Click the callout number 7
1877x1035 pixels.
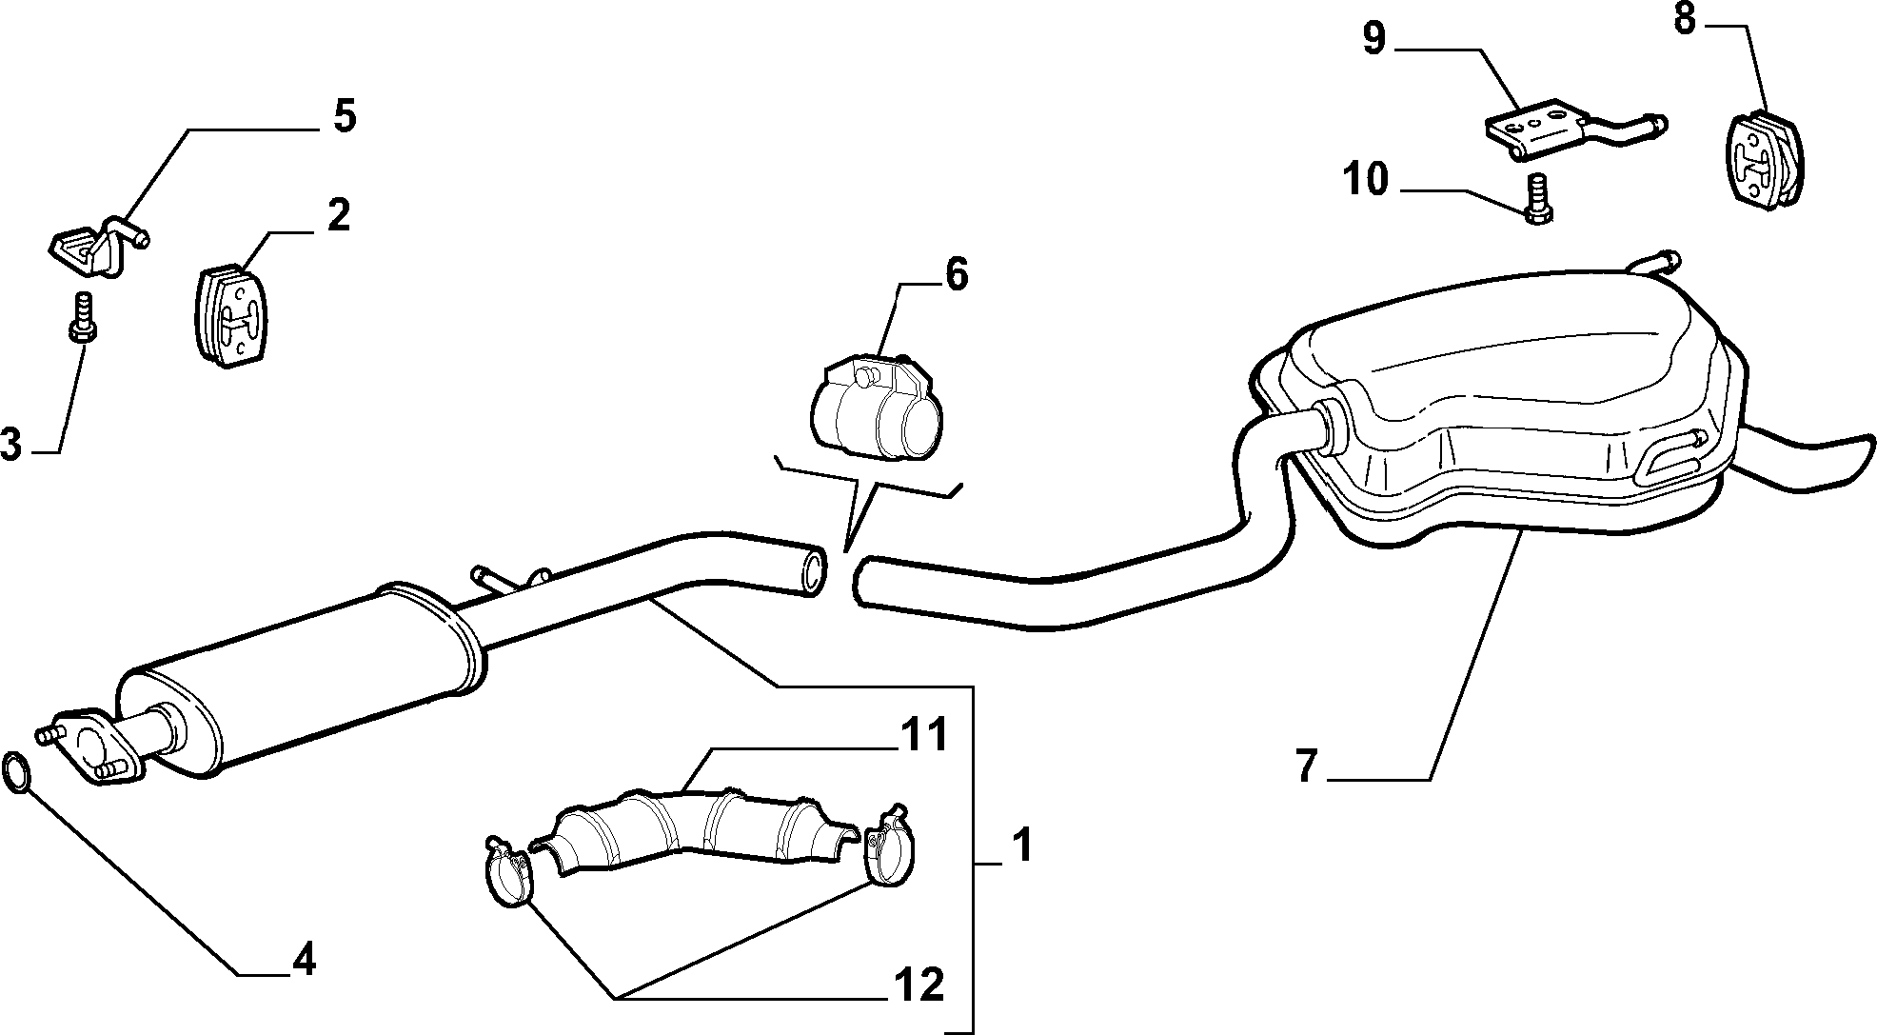1307,766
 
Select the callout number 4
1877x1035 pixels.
303,959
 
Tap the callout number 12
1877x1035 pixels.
919,985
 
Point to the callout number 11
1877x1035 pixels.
923,736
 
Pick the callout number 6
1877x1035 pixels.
956,274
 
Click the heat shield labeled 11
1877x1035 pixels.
693,829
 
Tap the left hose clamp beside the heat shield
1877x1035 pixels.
506,871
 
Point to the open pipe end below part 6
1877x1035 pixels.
812,570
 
